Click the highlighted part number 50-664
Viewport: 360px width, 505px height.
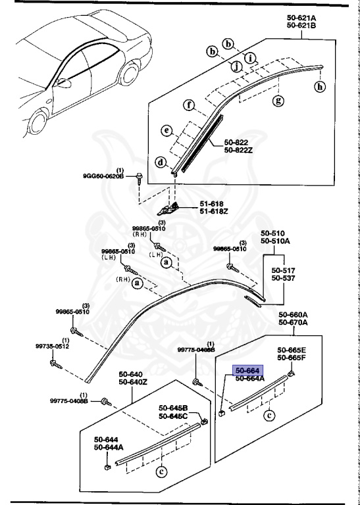[x=244, y=371]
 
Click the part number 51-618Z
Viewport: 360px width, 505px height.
[x=215, y=212]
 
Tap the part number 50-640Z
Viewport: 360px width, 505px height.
[x=134, y=382]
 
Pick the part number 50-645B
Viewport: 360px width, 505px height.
[x=173, y=407]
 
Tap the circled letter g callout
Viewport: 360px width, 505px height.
[x=278, y=100]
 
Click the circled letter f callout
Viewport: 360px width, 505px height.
[x=189, y=105]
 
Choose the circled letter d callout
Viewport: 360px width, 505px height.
[x=161, y=162]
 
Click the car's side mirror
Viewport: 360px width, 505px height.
[x=64, y=84]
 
